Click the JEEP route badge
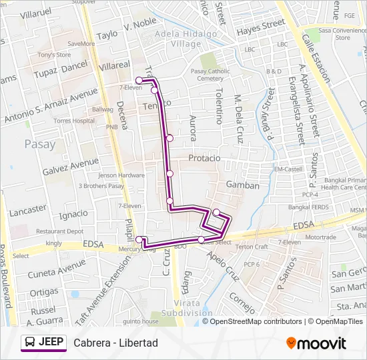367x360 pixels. coord(44,343)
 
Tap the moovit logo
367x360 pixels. coord(316,343)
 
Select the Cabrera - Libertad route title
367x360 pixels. coord(116,343)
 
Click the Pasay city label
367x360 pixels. coord(39,143)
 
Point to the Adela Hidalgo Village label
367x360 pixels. coord(177,39)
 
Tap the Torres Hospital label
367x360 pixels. coord(75,121)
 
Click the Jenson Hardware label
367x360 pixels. coord(121,175)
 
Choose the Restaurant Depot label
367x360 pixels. coord(60,231)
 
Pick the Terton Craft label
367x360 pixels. coord(252,247)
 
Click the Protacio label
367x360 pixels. coord(204,158)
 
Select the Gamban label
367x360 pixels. coord(242,185)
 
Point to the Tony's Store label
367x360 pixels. coord(54,55)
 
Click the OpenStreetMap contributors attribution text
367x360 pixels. coord(256,321)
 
